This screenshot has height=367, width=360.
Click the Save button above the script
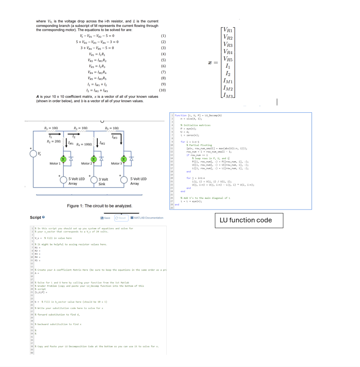(107, 218)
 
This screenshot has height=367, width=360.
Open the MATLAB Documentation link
(147, 218)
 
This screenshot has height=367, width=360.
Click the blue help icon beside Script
(43, 218)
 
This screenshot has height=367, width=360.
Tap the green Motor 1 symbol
(63, 159)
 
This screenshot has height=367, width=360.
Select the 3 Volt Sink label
(103, 181)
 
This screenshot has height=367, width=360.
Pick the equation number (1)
(163, 36)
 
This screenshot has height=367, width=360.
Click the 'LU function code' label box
(249, 220)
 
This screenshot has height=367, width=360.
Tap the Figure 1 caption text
(99, 206)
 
